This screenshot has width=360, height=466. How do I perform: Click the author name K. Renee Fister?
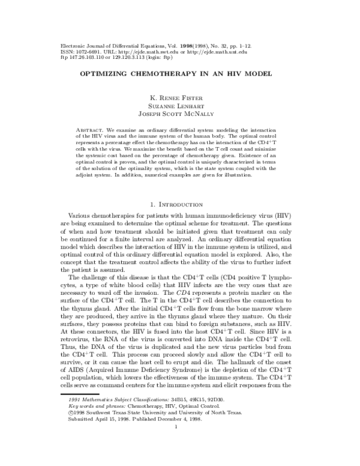point(180,98)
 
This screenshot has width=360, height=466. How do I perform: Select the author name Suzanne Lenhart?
point(180,106)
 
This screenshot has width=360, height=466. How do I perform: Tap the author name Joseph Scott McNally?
point(180,115)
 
